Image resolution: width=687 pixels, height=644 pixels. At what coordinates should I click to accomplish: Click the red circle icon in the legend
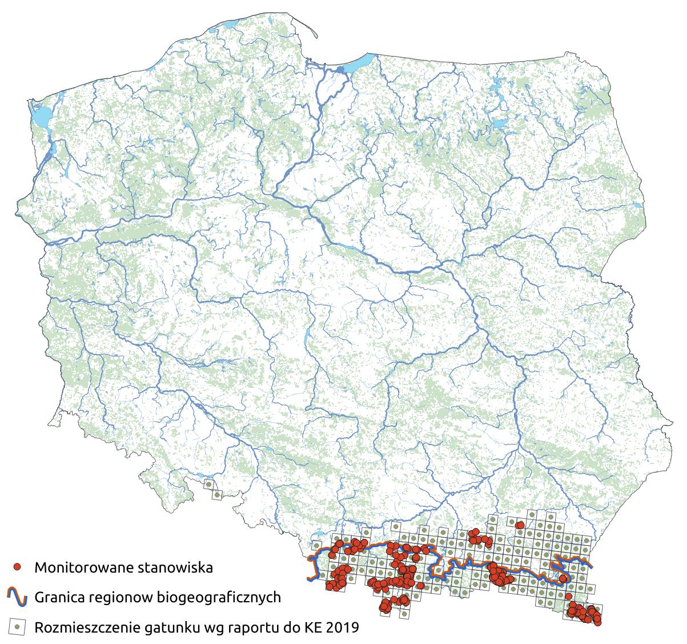pos(18,567)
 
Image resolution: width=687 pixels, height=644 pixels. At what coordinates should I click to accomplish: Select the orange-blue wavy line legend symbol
pos(18,597)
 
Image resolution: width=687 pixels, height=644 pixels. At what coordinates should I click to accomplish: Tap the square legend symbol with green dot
pos(18,627)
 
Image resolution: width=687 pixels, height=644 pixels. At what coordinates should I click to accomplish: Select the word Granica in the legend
pos(59,598)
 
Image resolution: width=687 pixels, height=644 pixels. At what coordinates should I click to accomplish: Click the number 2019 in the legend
pos(345,627)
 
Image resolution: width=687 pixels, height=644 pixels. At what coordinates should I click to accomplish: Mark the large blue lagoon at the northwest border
pos(39,118)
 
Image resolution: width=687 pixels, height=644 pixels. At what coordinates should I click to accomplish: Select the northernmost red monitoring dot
pos(519,525)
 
